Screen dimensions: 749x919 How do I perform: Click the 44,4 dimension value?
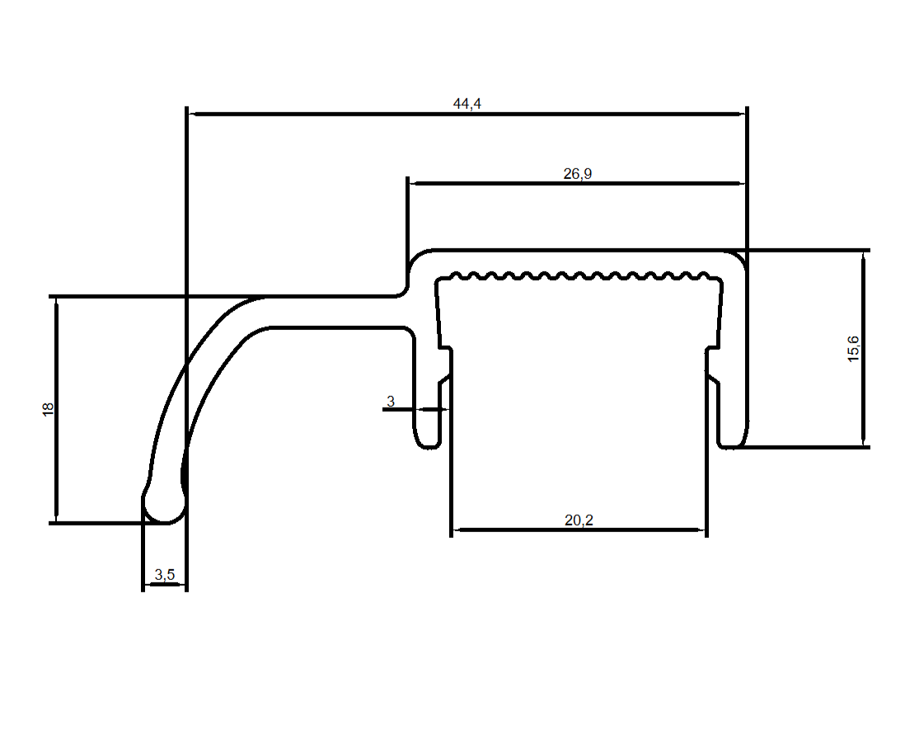(467, 103)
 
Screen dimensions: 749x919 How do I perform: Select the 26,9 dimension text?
(578, 173)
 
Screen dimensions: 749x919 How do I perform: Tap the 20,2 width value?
(579, 520)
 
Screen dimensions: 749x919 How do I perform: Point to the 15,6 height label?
(853, 348)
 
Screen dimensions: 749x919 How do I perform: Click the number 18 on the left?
(48, 408)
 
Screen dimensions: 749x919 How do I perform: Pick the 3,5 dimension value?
(165, 575)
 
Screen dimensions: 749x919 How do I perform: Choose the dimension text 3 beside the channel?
(391, 402)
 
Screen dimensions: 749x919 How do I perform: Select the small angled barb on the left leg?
(443, 381)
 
